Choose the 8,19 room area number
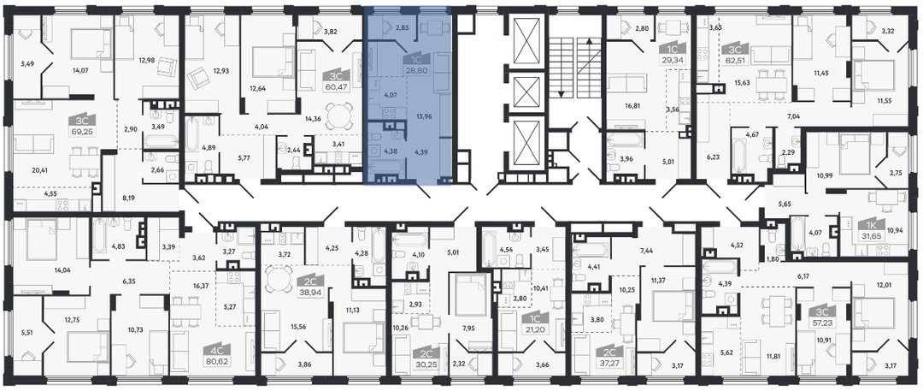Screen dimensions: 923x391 point(130,198)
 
